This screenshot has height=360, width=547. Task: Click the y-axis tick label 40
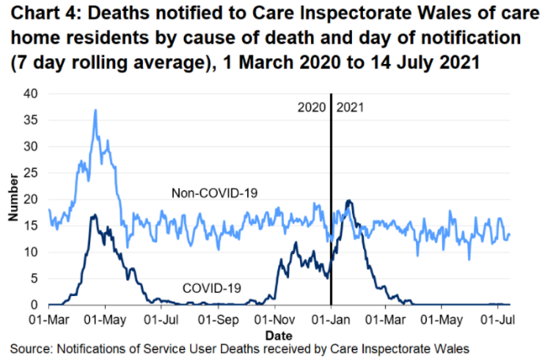pos(30,93)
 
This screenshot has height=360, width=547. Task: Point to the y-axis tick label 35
pos(30,120)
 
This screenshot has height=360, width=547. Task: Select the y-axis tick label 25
pos(30,173)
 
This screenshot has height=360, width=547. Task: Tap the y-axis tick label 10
pos(30,252)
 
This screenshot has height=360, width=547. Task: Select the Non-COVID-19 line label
pos(215,193)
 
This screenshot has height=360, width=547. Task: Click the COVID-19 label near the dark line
pos(212,288)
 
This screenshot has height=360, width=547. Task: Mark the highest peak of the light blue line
pos(95,111)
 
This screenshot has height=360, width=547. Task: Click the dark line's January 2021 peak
pos(347,201)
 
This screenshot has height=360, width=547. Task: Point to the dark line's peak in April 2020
pos(94,215)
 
